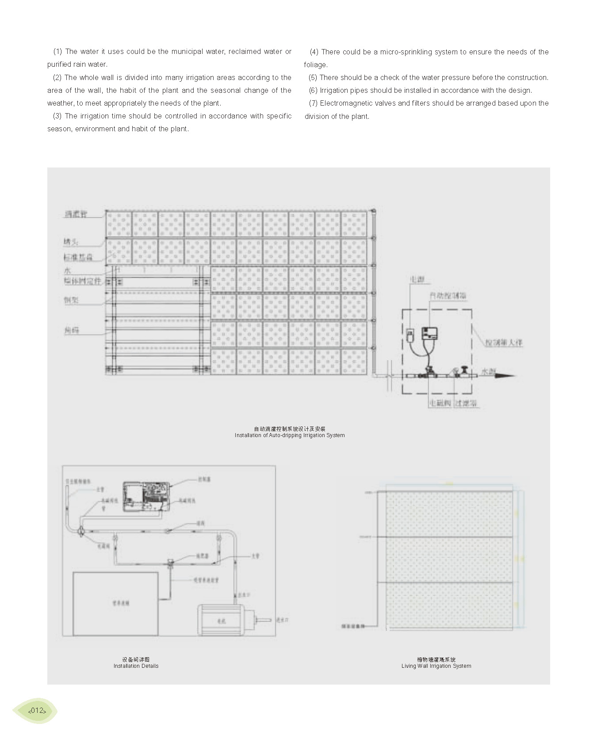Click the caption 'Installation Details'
point(136,666)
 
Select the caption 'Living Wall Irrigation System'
point(436,666)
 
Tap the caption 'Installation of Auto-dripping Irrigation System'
point(290,435)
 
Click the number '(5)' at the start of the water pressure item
point(313,77)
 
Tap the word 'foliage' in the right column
point(315,65)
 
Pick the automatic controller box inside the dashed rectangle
point(429,334)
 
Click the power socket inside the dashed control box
point(410,335)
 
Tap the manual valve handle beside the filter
point(464,369)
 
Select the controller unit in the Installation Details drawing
point(146,496)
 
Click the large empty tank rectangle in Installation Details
point(115,604)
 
